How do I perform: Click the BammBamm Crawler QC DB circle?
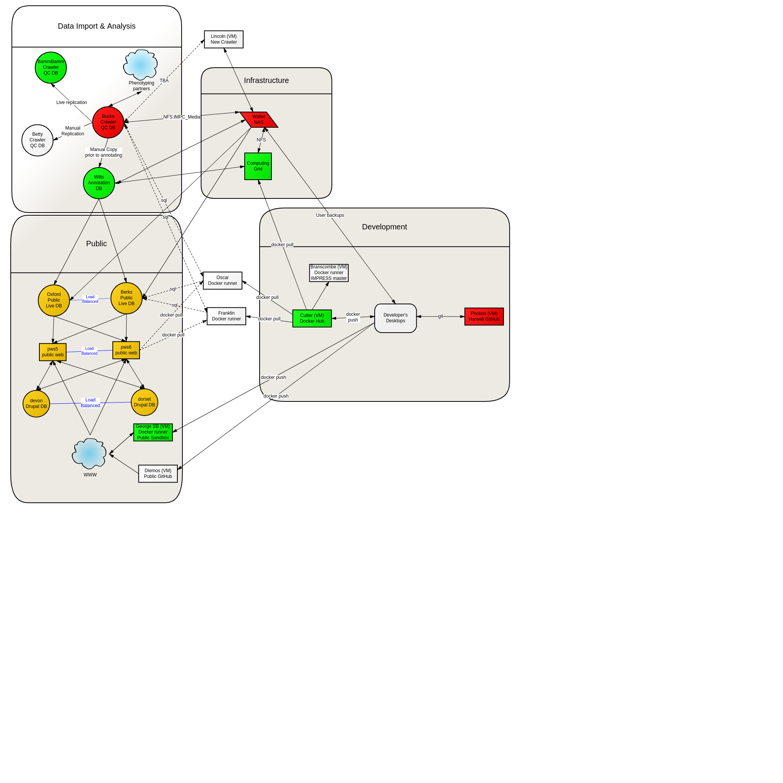[x=51, y=68]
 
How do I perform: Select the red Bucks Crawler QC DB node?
[x=108, y=122]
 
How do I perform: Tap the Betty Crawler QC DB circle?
[x=37, y=140]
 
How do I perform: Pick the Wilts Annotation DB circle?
[x=99, y=183]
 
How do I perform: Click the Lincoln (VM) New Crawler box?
[x=224, y=39]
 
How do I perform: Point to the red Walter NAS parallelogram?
[x=259, y=120]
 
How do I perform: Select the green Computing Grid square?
[x=258, y=166]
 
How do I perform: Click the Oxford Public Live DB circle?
[x=54, y=300]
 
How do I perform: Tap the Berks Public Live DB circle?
[x=127, y=298]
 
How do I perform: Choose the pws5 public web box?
[x=53, y=352]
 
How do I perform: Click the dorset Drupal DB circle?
[x=144, y=403]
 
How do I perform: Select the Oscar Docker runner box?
[x=223, y=281]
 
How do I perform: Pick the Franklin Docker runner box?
[x=227, y=316]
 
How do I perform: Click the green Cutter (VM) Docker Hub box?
[x=312, y=318]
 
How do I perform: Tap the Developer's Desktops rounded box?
[x=396, y=318]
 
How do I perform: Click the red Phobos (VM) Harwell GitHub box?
[x=484, y=317]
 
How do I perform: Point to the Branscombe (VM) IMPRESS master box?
[x=329, y=273]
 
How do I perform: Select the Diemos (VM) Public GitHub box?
[x=158, y=474]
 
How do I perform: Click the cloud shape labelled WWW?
[x=89, y=453]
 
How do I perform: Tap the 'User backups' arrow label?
[x=330, y=215]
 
